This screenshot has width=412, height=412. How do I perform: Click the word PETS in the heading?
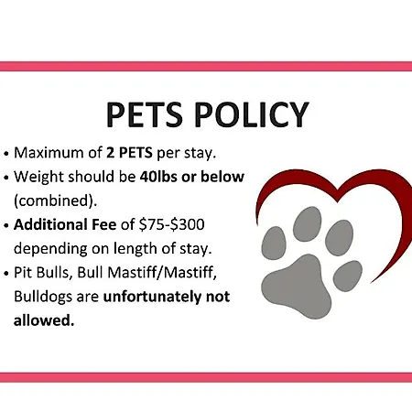pyautogui.click(x=144, y=114)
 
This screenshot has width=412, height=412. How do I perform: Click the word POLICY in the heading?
pyautogui.click(x=252, y=114)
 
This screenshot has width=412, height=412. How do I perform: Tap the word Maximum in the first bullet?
pyautogui.click(x=49, y=153)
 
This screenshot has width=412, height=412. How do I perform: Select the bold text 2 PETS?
pyautogui.click(x=129, y=153)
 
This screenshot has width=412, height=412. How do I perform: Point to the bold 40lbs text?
pyautogui.click(x=158, y=177)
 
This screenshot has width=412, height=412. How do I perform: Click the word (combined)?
pyautogui.click(x=55, y=201)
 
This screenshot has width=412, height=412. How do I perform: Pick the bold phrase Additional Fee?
pyautogui.click(x=65, y=224)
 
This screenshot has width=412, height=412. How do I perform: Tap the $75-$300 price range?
pyautogui.click(x=171, y=224)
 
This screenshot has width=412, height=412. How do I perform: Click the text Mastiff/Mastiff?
pyautogui.click(x=162, y=273)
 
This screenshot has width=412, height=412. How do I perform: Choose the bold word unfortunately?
pyautogui.click(x=152, y=297)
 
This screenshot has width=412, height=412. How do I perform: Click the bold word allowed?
pyautogui.click(x=44, y=320)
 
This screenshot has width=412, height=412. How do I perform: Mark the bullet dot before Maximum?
pyautogui.click(x=6, y=154)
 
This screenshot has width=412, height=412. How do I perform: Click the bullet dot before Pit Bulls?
pyautogui.click(x=6, y=273)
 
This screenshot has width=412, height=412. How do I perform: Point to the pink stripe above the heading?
pyautogui.click(x=206, y=66)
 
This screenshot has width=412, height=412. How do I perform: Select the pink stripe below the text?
pyautogui.click(x=206, y=377)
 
